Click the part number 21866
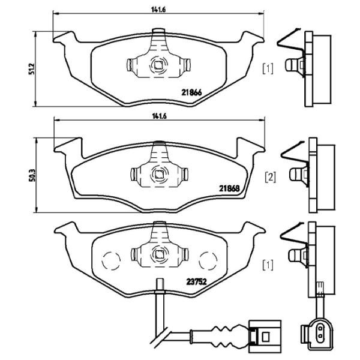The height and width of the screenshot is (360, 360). point(192,92)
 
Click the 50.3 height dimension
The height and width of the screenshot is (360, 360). point(32,177)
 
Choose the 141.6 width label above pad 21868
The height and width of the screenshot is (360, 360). point(158,115)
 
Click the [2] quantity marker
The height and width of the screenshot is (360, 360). point(270,178)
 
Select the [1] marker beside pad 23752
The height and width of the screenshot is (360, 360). point(268,264)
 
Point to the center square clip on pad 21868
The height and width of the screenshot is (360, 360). point(159,175)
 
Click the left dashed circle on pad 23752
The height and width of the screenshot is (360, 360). point(110,261)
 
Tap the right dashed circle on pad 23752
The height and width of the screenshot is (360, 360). point(208,261)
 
